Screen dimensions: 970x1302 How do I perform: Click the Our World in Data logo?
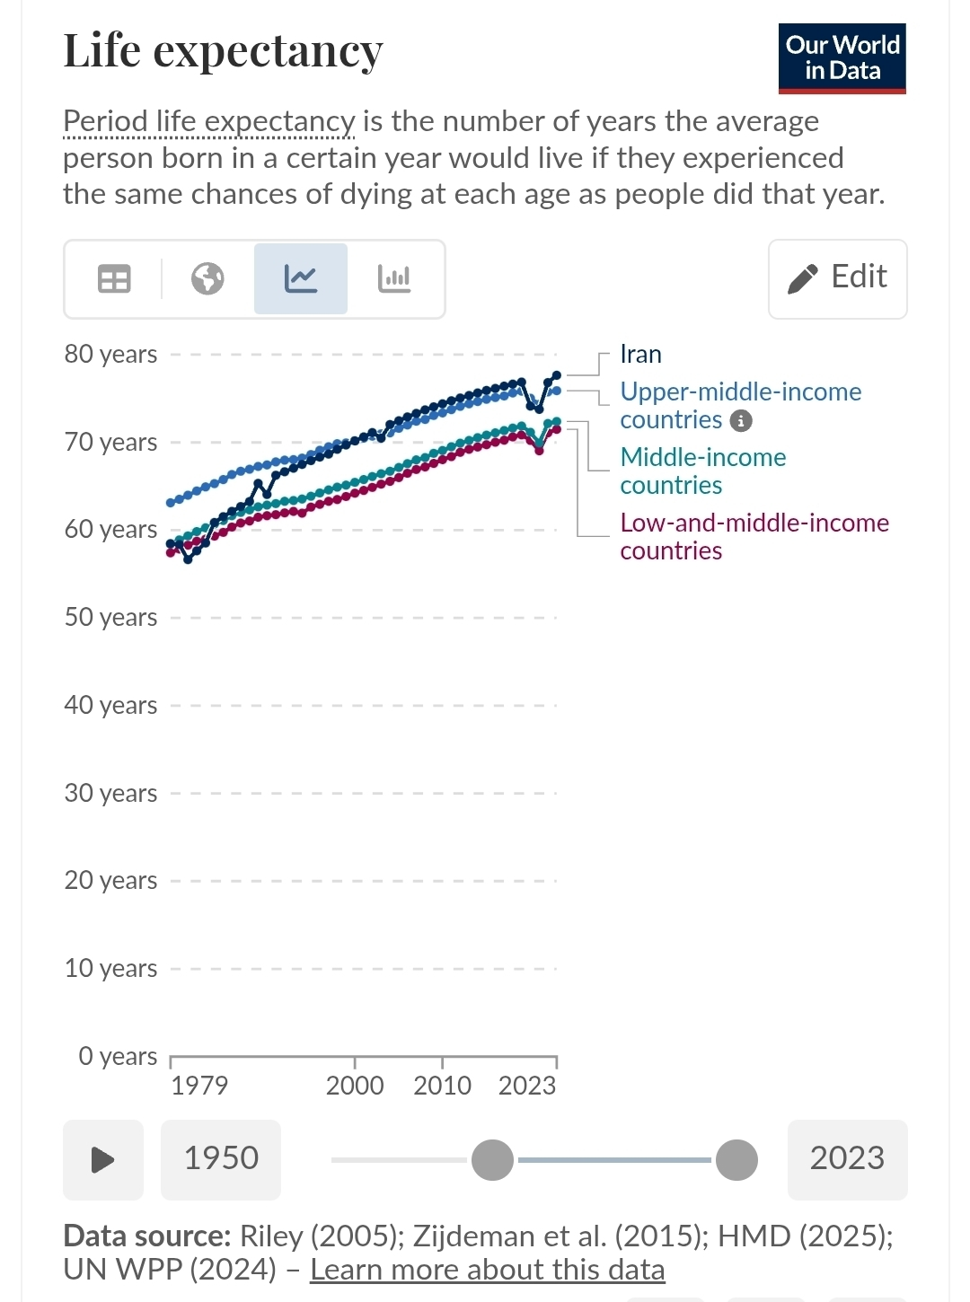point(842,58)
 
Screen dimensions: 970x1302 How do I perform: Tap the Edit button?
point(838,279)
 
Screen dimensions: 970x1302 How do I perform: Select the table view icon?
point(114,279)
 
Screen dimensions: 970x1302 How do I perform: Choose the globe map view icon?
point(207,279)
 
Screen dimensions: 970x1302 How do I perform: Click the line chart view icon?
point(301,279)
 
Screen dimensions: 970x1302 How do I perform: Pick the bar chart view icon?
point(394,279)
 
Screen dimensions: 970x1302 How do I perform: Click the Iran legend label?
point(640,355)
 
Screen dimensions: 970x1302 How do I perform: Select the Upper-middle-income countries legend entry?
point(740,406)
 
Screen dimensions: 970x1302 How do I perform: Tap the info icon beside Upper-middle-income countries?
point(741,421)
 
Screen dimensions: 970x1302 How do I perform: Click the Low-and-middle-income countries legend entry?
point(754,537)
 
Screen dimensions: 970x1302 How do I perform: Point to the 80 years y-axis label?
point(111,355)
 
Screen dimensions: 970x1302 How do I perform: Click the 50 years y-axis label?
point(111,618)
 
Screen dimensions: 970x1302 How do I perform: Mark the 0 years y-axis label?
point(118,1057)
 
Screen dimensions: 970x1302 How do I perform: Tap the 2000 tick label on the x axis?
point(355,1086)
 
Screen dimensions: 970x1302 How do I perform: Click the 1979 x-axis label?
point(199,1086)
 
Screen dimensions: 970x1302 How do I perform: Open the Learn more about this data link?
point(488,1270)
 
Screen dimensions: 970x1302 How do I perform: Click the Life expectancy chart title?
point(223,52)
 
